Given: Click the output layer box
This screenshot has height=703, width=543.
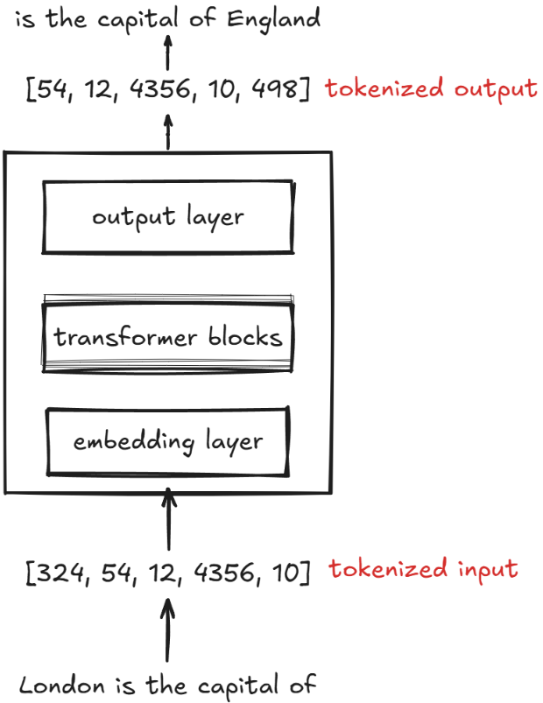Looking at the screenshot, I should pyautogui.click(x=168, y=216).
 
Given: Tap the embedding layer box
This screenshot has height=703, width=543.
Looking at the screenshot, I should pyautogui.click(x=168, y=441).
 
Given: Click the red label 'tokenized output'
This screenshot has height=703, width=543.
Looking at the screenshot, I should pyautogui.click(x=431, y=88).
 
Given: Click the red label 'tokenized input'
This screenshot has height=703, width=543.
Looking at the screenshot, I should pyautogui.click(x=424, y=570).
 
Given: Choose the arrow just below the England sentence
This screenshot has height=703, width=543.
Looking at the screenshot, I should pyautogui.click(x=168, y=54).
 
